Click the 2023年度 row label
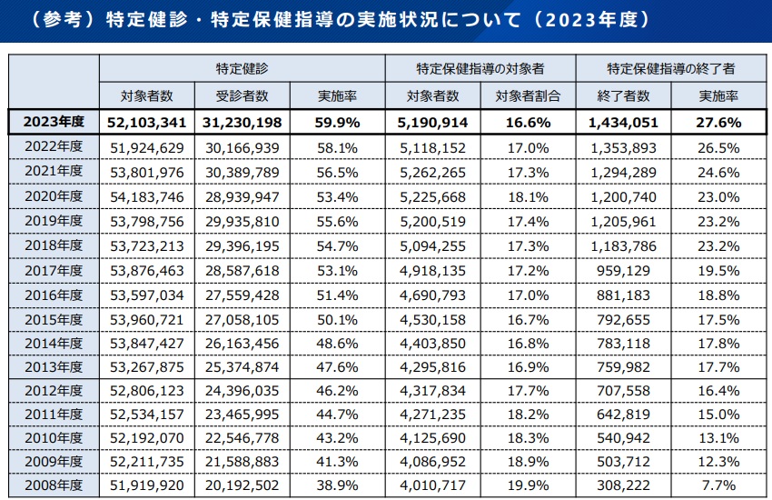[x=53, y=122]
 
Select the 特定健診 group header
[x=242, y=68]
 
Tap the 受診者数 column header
[x=242, y=95]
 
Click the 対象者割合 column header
[x=529, y=95]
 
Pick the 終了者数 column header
[x=623, y=95]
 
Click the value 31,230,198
[x=242, y=122]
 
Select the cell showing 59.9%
[x=338, y=122]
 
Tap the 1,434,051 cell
[x=623, y=122]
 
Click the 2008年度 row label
[x=53, y=485]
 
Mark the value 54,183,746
[x=147, y=195]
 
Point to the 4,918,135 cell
[x=433, y=269]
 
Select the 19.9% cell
[x=529, y=485]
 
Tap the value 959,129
[x=623, y=269]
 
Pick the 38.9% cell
[x=338, y=485]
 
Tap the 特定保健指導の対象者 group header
[x=480, y=68]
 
